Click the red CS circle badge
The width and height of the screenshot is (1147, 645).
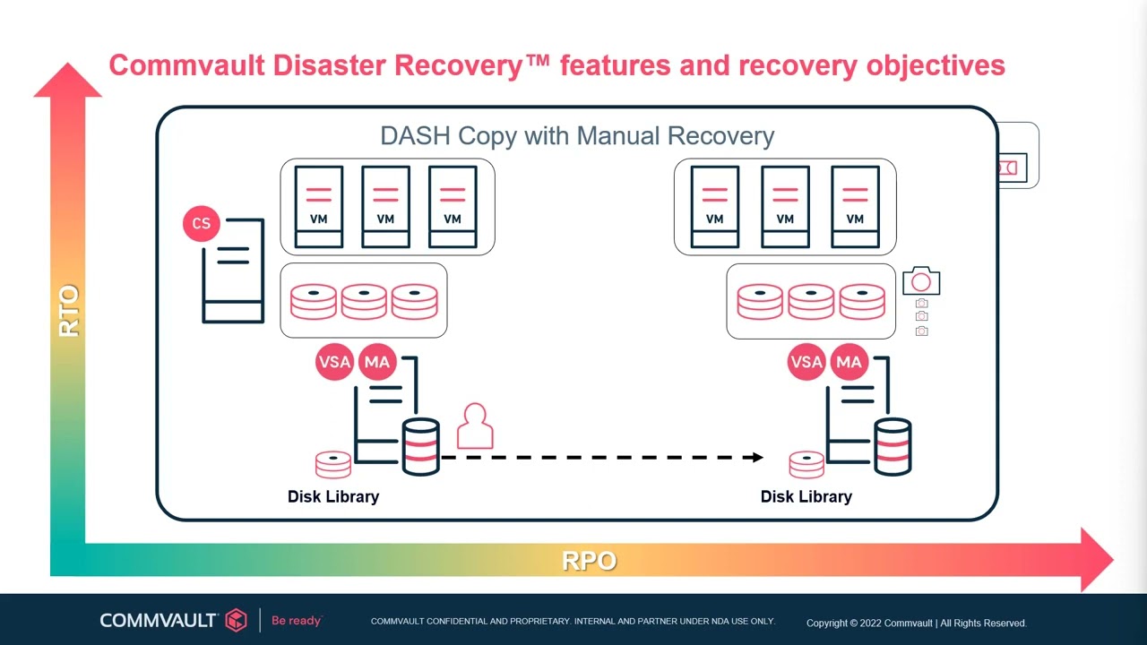pyautogui.click(x=201, y=223)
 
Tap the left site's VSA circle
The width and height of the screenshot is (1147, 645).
pyautogui.click(x=334, y=362)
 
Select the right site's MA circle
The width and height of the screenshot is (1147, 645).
pyautogui.click(x=849, y=362)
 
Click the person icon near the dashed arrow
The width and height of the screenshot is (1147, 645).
pyautogui.click(x=475, y=426)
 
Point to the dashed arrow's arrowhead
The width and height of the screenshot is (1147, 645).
pyautogui.click(x=757, y=457)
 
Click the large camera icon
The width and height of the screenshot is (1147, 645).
pyautogui.click(x=921, y=281)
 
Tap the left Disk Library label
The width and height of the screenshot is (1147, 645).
pyautogui.click(x=333, y=496)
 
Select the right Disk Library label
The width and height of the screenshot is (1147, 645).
pyautogui.click(x=806, y=496)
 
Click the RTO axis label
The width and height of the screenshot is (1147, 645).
pyautogui.click(x=69, y=311)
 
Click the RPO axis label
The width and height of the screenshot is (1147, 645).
pyautogui.click(x=589, y=561)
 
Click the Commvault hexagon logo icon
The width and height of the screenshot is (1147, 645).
pyautogui.click(x=236, y=620)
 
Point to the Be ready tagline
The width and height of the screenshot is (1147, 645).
pyautogui.click(x=296, y=620)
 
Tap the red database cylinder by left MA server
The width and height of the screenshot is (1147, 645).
pyautogui.click(x=420, y=446)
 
